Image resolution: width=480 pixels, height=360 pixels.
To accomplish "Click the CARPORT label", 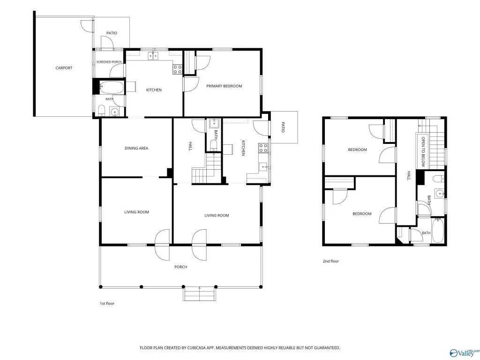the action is click(x=64, y=68).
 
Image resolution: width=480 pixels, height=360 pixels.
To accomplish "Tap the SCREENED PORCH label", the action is click(x=109, y=62).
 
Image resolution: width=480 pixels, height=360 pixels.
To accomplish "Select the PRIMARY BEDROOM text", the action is click(x=224, y=86).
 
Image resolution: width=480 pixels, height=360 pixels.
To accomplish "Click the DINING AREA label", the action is click(x=136, y=148).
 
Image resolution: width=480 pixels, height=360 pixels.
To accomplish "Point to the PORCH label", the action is click(x=180, y=267).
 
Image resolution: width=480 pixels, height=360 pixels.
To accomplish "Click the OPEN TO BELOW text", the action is click(x=423, y=151).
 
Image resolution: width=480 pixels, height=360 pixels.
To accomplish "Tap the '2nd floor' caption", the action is click(x=330, y=261).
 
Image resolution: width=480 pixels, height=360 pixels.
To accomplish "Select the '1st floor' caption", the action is click(x=107, y=303).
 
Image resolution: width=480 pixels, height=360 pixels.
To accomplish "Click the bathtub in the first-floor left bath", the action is click(x=112, y=88).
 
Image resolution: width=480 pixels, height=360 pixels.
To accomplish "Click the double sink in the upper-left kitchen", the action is click(x=153, y=56).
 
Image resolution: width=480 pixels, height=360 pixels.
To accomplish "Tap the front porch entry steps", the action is click(x=200, y=294).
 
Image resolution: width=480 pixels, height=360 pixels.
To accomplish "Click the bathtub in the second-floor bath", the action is click(x=438, y=230).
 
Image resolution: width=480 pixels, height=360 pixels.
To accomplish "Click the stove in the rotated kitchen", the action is click(x=263, y=148).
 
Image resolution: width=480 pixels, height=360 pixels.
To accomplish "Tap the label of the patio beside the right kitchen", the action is click(x=283, y=127).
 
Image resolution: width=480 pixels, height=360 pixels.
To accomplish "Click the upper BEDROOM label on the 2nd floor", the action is click(x=357, y=150).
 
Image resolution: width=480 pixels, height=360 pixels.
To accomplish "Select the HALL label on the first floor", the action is click(x=190, y=146).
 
